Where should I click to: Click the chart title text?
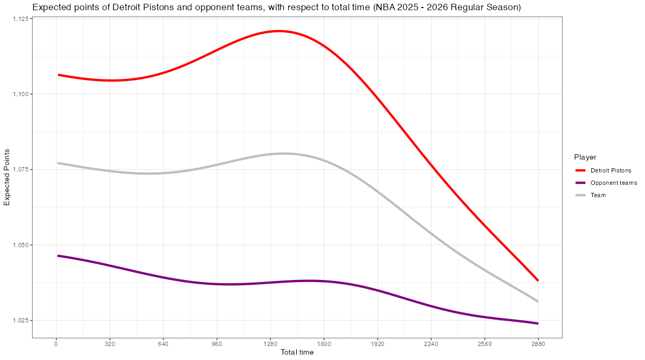pos(276,8)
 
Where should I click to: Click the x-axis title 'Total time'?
pos(297,352)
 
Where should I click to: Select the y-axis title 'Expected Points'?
pos(7,178)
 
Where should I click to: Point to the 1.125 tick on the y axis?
pos(21,19)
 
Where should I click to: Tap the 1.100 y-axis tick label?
pos(21,94)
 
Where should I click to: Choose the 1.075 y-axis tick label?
pos(21,169)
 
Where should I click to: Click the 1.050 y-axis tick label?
pos(21,245)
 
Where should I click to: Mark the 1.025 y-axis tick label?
pos(21,320)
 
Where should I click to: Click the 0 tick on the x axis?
pos(56,344)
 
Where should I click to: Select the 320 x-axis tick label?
pos(110,344)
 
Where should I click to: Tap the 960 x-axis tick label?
pos(217,344)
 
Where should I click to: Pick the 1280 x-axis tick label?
pos(270,344)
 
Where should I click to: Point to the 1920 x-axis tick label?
pos(377,344)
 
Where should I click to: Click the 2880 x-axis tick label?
pos(538,344)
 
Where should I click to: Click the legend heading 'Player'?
pos(585,157)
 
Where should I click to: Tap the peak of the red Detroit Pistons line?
pos(279,31)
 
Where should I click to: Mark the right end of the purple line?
pos(537,323)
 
